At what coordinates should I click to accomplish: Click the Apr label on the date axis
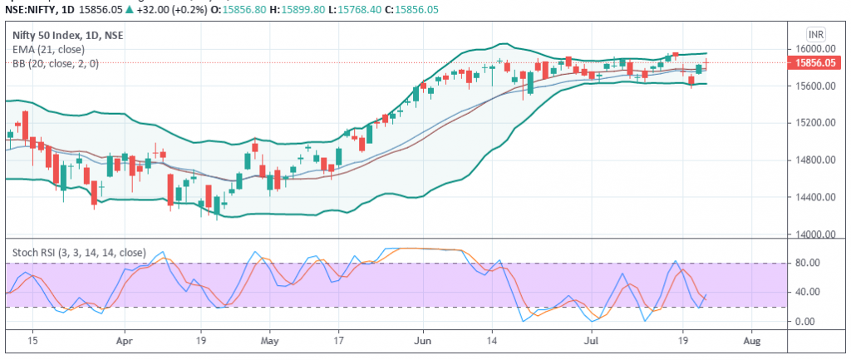[x=125, y=341]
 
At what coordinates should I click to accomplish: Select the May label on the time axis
[x=268, y=341]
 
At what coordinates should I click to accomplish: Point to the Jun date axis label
[x=422, y=341]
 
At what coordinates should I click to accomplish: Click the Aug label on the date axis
[x=750, y=341]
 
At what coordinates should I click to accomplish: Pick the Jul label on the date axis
[x=592, y=341]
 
